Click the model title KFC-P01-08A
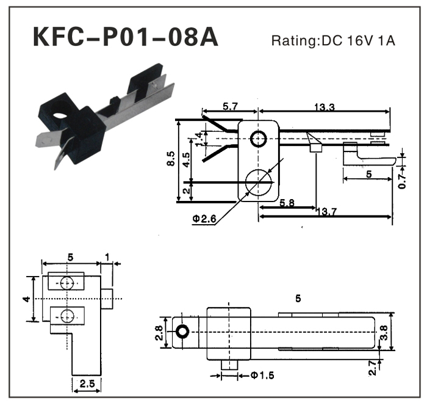(124, 37)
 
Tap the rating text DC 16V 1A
(334, 41)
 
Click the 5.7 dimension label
(230, 107)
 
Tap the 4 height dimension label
(26, 299)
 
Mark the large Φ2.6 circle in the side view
(259, 182)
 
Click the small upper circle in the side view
(258, 139)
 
